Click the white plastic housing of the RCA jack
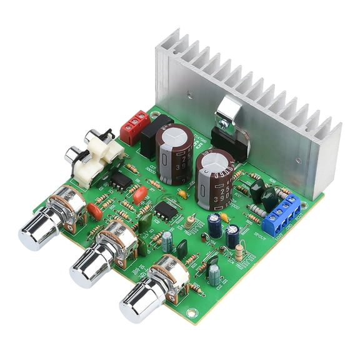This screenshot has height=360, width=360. [95, 157]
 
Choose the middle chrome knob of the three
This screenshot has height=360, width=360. [89, 266]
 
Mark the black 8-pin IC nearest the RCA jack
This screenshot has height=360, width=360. [121, 180]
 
